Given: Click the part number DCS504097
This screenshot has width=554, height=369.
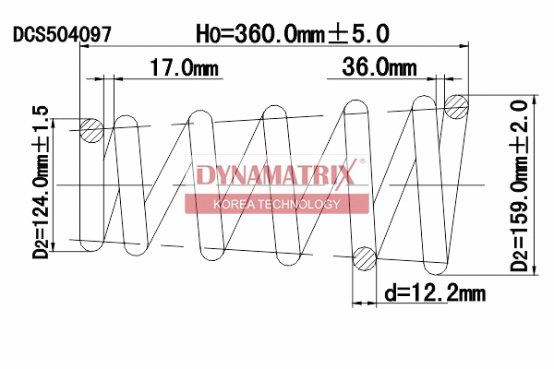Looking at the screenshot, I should click(x=63, y=35).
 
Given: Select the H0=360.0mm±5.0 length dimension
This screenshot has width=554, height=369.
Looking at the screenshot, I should click(x=293, y=33).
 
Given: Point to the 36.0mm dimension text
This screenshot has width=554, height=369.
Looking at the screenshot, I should click(x=379, y=67).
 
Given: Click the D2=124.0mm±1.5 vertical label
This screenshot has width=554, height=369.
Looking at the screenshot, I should click(x=40, y=181).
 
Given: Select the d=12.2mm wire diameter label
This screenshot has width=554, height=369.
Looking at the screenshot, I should click(x=434, y=294).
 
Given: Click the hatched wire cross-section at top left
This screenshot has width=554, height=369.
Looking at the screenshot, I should click(x=90, y=131).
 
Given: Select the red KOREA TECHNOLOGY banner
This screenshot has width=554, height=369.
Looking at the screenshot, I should click(x=277, y=204).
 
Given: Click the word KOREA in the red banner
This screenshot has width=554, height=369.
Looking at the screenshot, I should click(x=232, y=204).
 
